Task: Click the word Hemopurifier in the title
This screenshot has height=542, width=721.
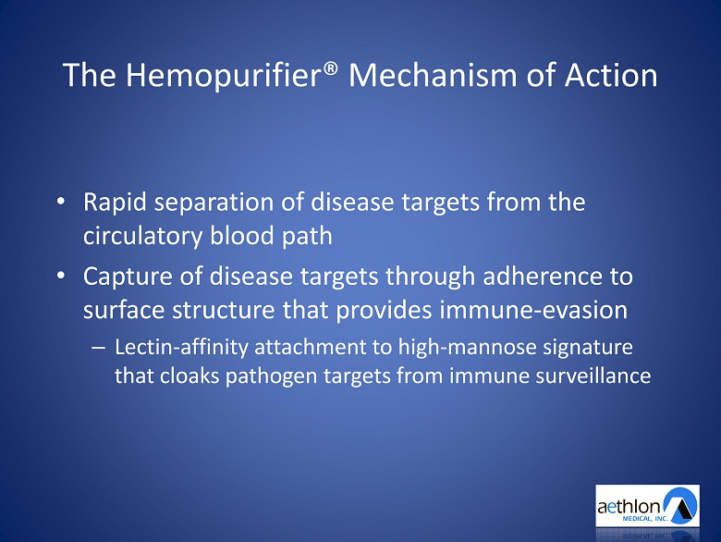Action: (x=223, y=76)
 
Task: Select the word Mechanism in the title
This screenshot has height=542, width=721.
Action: (x=433, y=75)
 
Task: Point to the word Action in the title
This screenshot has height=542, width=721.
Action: (x=611, y=75)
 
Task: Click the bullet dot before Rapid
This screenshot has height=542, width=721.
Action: (x=61, y=202)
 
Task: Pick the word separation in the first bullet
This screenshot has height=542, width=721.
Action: (x=214, y=203)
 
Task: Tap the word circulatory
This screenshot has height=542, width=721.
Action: (x=142, y=236)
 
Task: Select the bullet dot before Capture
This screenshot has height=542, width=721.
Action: (x=61, y=276)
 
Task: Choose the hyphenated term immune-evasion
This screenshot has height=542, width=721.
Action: (x=533, y=310)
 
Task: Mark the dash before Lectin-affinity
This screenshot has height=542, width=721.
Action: (x=98, y=349)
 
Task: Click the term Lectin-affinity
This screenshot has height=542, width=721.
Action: (x=181, y=347)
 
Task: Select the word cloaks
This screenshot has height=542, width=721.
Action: (x=189, y=376)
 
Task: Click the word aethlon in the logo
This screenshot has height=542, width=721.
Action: (x=629, y=507)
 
